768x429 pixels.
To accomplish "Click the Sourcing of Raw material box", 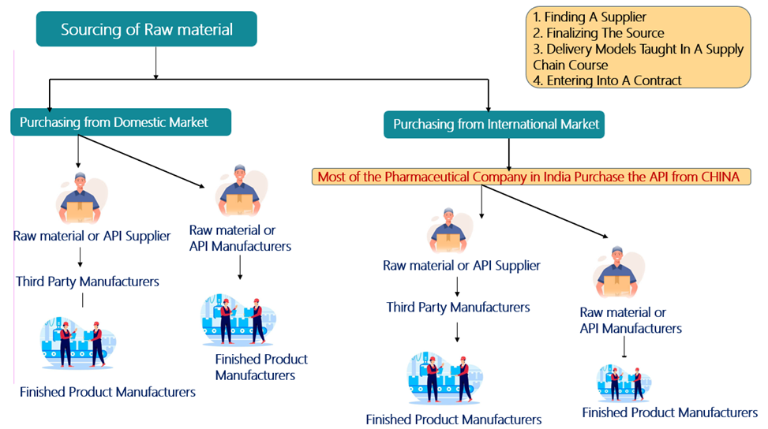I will point(147,30).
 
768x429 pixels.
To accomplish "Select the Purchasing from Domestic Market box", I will point(121,123).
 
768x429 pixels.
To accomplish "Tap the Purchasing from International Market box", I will point(495,125).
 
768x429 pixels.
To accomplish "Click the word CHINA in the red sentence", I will point(720,177).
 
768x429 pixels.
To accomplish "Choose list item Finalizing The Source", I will point(598,33).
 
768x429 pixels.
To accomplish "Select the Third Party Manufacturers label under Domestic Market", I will point(87,282).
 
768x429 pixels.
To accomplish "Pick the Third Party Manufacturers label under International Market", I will point(458,307).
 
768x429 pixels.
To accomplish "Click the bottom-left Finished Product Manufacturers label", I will point(107,392).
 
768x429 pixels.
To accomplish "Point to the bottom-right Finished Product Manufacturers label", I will point(669,412).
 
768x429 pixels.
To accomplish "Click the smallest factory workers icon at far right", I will point(624,383).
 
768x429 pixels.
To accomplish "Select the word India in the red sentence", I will point(558,177).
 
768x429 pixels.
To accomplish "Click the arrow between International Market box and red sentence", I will point(508,153).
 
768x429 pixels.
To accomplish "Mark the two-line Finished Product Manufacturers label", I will point(260,367).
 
